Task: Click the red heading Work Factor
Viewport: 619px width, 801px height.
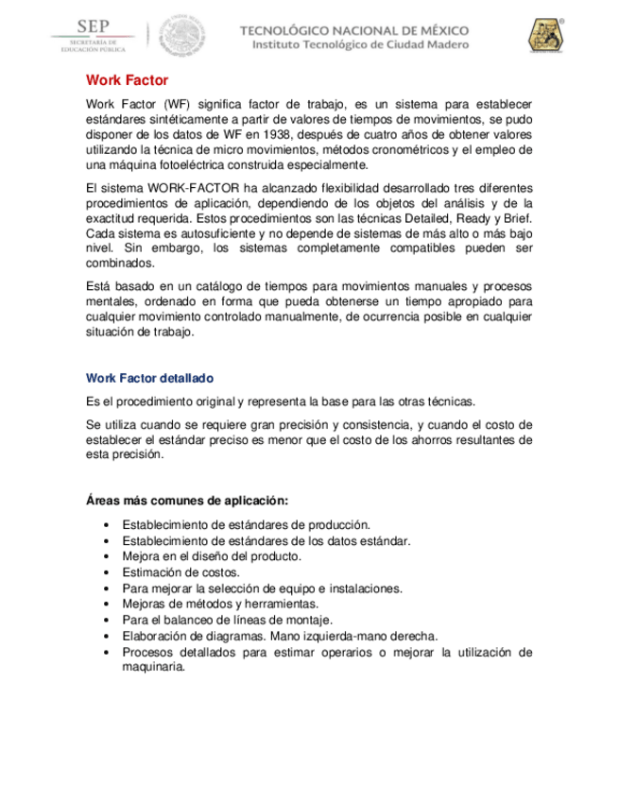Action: pos(127,81)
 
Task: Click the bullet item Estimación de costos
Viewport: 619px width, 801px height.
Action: pos(181,572)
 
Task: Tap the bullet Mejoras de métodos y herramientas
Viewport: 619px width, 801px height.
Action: pos(220,604)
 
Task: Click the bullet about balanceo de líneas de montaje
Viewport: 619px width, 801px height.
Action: pos(227,620)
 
